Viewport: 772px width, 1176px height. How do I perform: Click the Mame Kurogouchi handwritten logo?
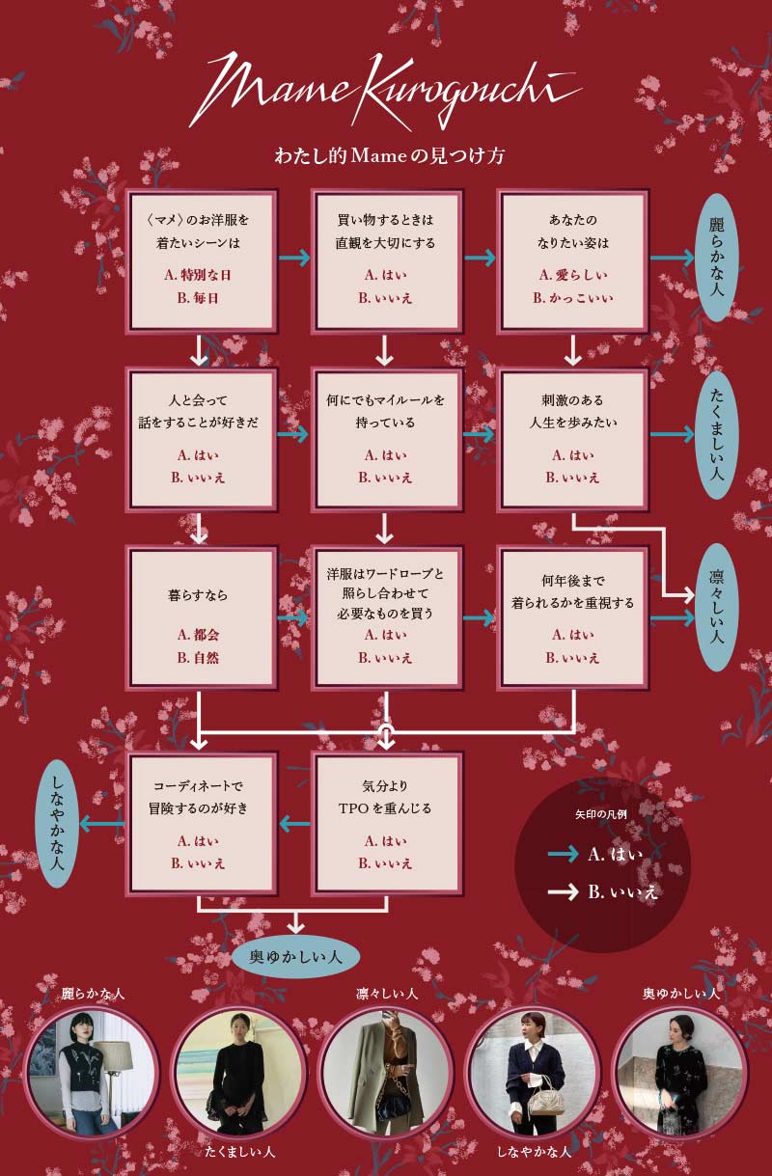tap(386, 92)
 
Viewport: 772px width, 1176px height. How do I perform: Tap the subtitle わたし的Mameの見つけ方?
tap(389, 156)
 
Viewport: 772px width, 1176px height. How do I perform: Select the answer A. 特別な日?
tap(198, 275)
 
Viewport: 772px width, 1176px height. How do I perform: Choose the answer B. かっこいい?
tap(572, 298)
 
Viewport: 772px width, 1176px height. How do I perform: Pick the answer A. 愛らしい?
tap(572, 275)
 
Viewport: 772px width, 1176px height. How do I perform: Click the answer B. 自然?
tap(198, 658)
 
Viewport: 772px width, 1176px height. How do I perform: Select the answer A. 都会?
tap(198, 635)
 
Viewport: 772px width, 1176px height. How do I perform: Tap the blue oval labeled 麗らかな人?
tap(716, 258)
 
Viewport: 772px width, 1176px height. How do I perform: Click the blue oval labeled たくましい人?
tap(716, 435)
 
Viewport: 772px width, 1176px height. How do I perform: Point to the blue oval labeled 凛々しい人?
tap(716, 608)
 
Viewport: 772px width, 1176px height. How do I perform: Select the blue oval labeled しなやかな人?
tap(56, 823)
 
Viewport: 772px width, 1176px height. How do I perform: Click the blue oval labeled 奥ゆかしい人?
tap(295, 957)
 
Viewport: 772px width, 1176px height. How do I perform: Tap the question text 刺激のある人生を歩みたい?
tap(572, 411)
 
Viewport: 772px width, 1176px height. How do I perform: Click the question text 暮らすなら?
tap(198, 595)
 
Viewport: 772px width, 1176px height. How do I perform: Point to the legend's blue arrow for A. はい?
tap(563, 854)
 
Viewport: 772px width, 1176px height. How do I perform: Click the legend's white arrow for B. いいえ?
tap(563, 892)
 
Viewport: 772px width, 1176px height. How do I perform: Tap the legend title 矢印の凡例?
tap(601, 814)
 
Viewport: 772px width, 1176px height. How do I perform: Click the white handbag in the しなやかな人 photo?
tap(541, 1096)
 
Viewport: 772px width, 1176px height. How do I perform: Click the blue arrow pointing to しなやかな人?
tap(102, 823)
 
